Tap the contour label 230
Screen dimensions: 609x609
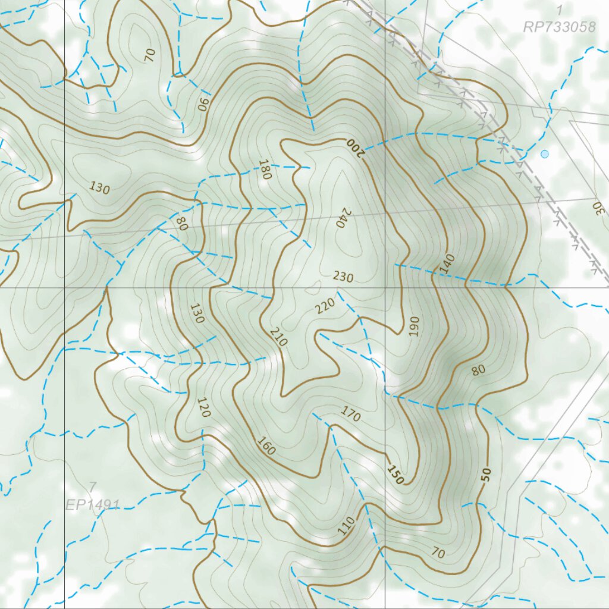(343, 277)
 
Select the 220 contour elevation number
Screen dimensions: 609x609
(325, 306)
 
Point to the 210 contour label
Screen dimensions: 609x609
(278, 337)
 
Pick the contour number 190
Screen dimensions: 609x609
(414, 327)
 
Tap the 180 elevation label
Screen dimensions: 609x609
(265, 169)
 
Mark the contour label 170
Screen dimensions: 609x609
(350, 414)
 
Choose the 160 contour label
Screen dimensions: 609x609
(266, 446)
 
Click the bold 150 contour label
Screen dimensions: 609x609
(394, 475)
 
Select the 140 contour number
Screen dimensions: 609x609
(447, 263)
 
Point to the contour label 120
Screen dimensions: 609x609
(203, 407)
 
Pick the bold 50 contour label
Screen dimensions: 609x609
(486, 474)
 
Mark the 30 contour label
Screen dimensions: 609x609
(597, 208)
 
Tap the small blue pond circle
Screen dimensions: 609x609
(544, 154)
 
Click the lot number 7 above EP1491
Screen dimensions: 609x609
(92, 487)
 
